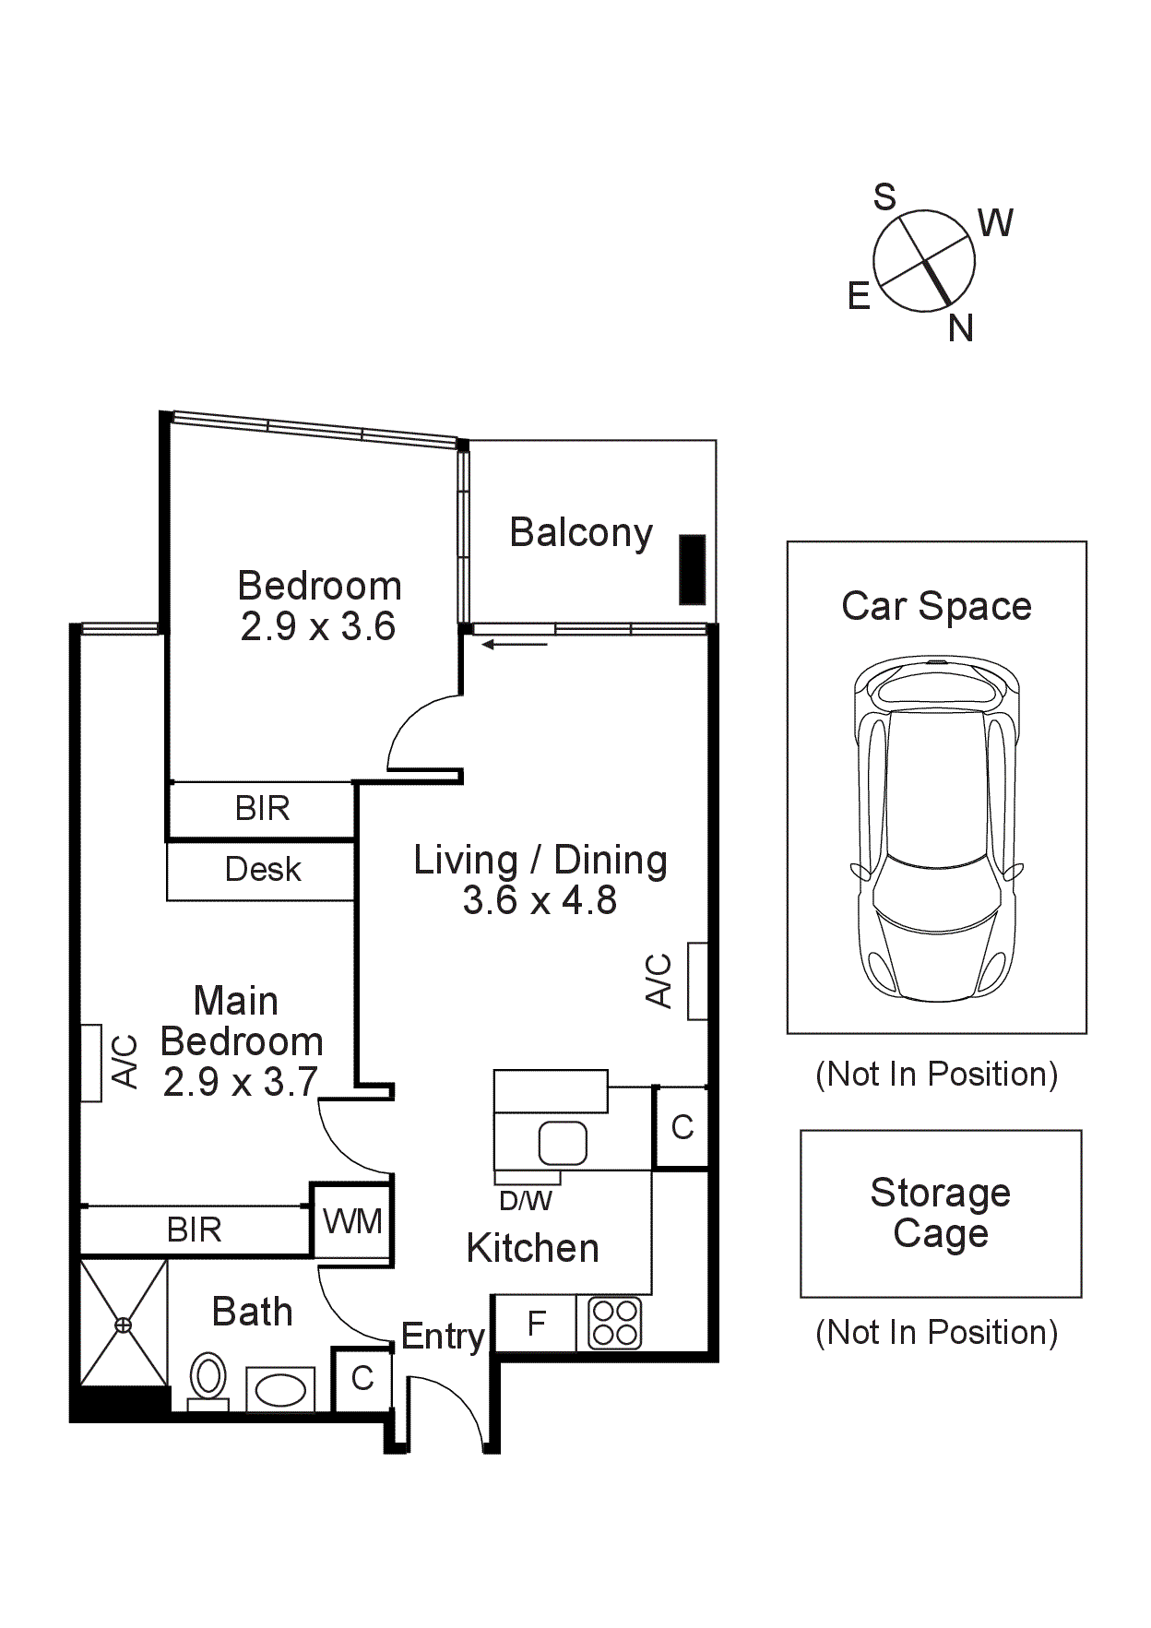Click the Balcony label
click(x=581, y=533)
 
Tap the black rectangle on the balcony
click(x=692, y=569)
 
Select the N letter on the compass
click(x=961, y=327)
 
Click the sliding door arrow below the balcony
click(x=515, y=644)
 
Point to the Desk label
click(x=263, y=869)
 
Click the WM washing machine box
click(x=352, y=1221)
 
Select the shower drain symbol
click(x=123, y=1325)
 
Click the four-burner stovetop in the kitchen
click(x=615, y=1323)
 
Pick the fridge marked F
click(x=536, y=1324)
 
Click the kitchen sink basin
click(x=563, y=1143)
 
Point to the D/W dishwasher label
click(x=526, y=1201)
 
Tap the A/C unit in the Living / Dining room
click(x=697, y=981)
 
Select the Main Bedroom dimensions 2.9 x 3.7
click(x=241, y=1082)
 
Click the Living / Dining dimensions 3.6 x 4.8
click(x=540, y=900)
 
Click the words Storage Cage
click(x=940, y=1213)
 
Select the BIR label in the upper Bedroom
click(x=263, y=808)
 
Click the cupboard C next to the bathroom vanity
click(x=362, y=1378)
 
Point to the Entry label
click(x=443, y=1336)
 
